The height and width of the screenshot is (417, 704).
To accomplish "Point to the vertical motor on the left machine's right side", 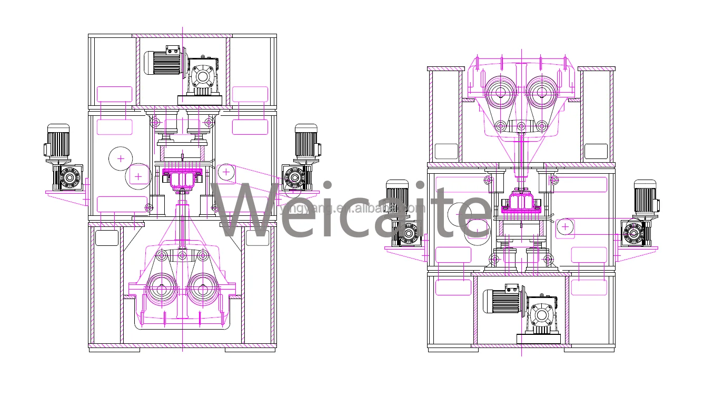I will [306, 141].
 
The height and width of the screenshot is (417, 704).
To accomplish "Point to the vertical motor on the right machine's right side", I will [645, 197].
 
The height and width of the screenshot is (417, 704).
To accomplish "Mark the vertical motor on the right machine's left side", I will [397, 197].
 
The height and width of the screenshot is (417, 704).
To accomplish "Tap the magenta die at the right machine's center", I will [521, 205].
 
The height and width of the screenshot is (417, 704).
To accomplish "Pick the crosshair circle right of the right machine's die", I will [565, 226].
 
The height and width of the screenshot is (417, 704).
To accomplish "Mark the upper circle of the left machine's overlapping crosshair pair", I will [121, 158].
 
